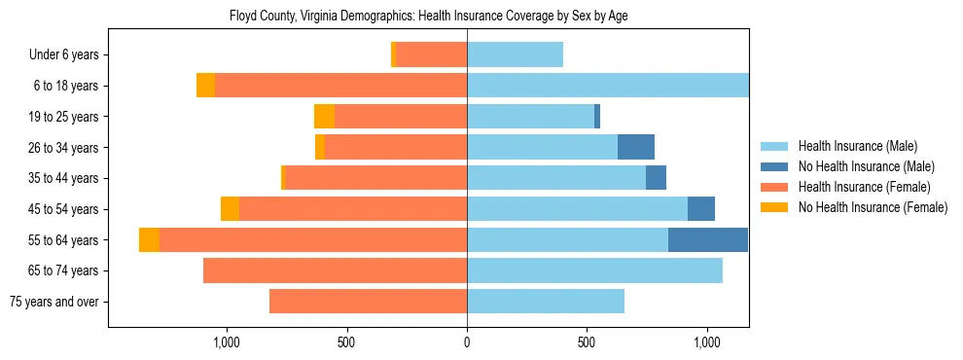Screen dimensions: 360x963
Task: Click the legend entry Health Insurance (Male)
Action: point(856,146)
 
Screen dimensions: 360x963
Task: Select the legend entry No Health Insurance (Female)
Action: point(872,207)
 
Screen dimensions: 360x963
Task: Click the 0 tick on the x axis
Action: point(467,342)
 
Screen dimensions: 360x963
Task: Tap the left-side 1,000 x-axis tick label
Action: point(226,342)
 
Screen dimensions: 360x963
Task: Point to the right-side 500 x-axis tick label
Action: point(587,342)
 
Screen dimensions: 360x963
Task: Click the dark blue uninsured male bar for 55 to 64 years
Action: point(708,240)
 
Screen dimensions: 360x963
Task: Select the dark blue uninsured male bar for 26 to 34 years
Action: point(636,147)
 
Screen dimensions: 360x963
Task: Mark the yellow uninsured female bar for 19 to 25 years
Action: point(324,117)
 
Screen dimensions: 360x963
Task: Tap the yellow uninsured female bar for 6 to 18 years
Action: point(205,86)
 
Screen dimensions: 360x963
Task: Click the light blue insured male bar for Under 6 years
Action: point(515,55)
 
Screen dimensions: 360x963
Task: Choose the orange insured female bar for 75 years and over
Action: point(368,302)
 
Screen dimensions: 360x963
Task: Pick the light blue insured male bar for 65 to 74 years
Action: point(594,270)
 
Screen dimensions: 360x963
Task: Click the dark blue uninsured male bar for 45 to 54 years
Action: point(701,209)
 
